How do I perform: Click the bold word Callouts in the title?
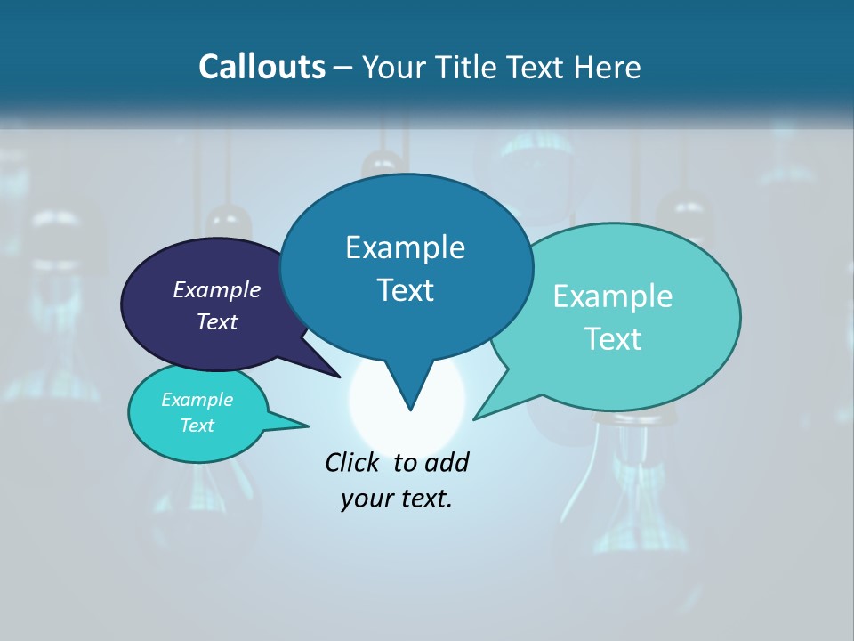262,67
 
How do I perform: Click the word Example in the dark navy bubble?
217,289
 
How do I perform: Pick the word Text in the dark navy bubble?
217,321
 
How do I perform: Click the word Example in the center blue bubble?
405,247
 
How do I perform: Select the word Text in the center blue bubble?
405,290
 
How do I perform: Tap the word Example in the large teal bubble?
613,296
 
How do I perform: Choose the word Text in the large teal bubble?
613,339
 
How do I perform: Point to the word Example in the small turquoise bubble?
197,400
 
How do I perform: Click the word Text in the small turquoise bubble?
197,426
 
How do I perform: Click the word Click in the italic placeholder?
353,462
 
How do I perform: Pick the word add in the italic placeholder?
446,462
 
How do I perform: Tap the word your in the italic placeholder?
366,499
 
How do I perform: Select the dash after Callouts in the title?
344,68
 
